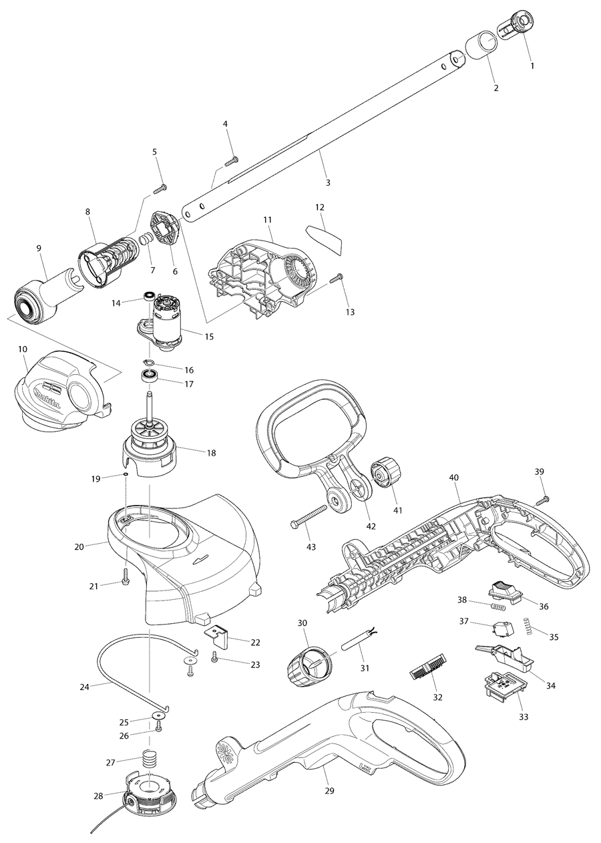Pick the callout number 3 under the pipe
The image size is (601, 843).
pos(327,182)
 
